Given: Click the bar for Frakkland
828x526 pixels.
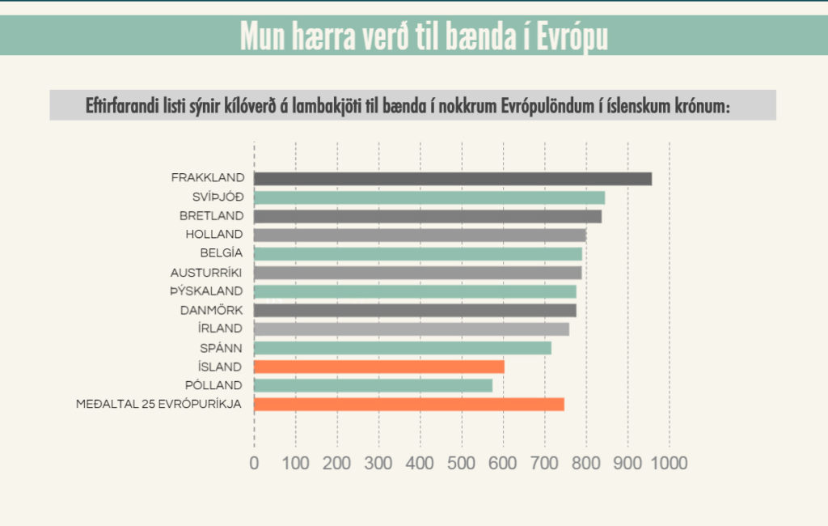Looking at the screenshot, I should [453, 179].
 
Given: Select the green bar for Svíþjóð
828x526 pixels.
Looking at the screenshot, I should [429, 197].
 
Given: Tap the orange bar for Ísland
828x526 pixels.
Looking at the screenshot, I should [378, 367].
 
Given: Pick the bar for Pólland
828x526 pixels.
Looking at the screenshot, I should [373, 385].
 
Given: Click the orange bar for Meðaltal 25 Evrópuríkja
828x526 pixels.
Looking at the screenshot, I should [409, 404].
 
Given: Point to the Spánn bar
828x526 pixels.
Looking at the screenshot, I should [403, 348].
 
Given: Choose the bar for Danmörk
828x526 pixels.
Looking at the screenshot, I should [415, 310].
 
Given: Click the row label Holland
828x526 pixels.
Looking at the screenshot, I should [213, 235].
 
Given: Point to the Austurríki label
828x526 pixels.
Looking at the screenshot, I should [206, 273].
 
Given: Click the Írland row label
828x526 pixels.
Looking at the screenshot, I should [220, 329].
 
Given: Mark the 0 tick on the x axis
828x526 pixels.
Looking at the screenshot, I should [254, 463].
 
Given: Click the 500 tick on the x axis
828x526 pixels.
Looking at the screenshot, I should [462, 463].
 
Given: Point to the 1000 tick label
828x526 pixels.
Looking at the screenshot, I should [668, 463].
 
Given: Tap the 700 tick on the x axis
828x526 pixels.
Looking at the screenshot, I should [544, 463].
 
